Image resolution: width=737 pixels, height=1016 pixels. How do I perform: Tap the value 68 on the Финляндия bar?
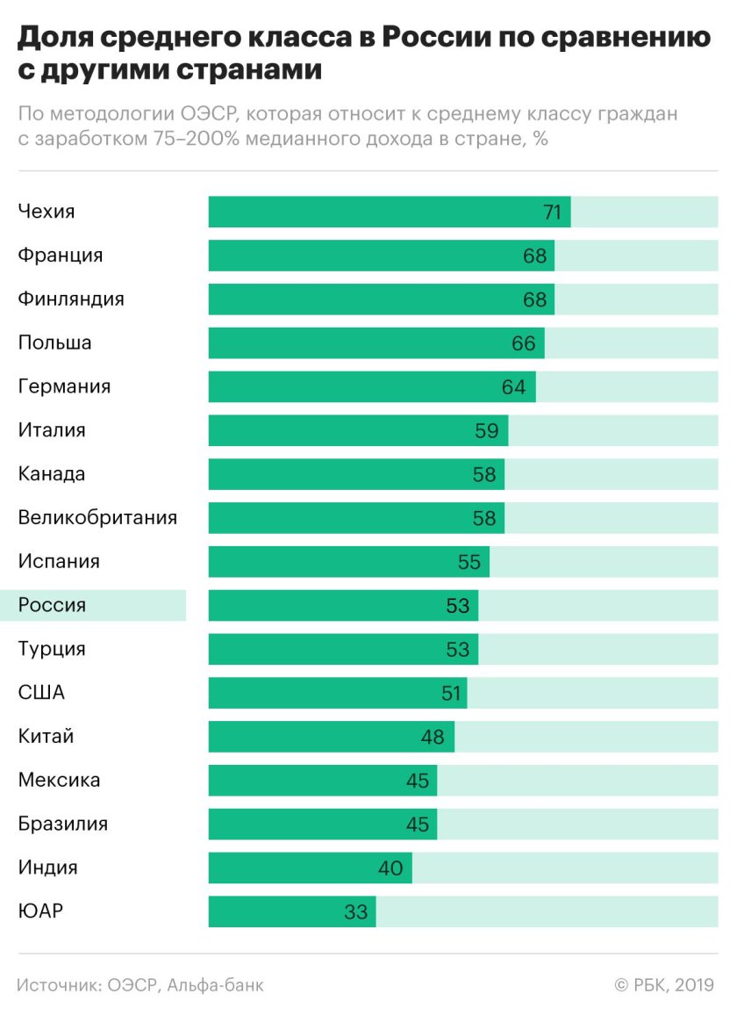click(534, 299)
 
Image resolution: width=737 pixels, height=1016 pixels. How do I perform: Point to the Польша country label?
click(54, 342)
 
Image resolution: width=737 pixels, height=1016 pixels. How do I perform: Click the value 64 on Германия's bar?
click(513, 386)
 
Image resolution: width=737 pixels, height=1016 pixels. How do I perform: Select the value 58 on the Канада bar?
click(483, 474)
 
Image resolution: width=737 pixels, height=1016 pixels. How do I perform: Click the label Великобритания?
click(97, 517)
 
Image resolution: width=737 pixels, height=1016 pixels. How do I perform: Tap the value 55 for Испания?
click(469, 561)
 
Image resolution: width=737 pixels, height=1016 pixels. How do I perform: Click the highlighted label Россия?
click(53, 605)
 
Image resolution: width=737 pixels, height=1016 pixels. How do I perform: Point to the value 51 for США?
click(451, 693)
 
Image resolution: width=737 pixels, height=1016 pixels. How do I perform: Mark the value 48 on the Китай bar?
click(433, 737)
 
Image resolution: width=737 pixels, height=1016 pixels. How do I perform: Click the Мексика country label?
click(60, 780)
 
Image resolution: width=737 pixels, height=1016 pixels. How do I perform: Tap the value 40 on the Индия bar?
click(390, 868)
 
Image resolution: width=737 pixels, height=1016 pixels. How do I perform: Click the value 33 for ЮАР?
click(355, 912)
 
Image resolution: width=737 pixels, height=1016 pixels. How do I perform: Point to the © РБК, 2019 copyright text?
click(665, 985)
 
